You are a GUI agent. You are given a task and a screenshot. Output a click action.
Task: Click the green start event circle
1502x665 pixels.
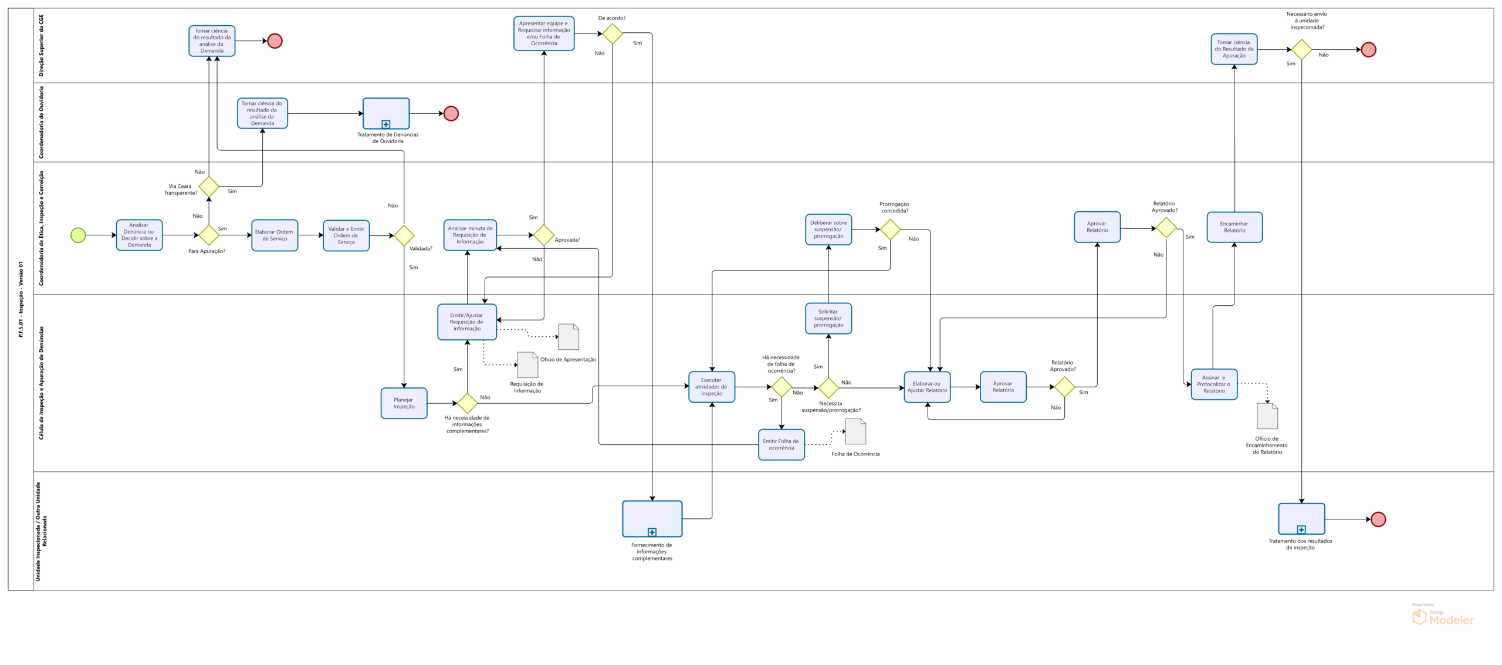coord(78,235)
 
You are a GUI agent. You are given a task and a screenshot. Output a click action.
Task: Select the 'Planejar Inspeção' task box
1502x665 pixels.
coord(404,403)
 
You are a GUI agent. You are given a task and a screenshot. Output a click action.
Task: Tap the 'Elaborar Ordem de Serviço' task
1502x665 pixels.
coord(275,235)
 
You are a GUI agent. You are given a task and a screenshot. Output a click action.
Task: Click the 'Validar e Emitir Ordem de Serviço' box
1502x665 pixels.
coord(346,235)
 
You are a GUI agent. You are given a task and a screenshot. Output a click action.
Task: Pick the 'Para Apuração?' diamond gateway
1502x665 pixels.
coord(209,235)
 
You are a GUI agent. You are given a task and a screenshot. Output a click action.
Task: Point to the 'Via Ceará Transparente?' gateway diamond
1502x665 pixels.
coord(209,187)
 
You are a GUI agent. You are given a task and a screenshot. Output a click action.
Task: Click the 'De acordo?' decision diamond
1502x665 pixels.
coord(613,33)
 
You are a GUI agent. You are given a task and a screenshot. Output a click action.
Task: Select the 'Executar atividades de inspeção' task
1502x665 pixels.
coord(712,387)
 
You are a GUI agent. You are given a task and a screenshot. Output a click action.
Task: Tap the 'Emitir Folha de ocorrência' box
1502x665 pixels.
coord(782,445)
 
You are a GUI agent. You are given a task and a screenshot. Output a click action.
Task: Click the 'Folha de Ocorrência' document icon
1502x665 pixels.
coord(855,431)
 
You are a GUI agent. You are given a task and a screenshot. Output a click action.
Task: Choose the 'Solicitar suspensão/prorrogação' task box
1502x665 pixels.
coord(828,319)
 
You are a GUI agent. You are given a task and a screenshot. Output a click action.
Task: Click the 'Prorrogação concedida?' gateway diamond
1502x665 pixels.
coord(890,229)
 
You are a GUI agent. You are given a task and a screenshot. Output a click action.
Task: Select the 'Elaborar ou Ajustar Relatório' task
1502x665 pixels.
coord(927,387)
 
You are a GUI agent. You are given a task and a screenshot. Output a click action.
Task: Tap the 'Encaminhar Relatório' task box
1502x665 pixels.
coord(1234,227)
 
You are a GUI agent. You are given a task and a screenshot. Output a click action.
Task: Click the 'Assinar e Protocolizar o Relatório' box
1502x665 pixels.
coord(1214,384)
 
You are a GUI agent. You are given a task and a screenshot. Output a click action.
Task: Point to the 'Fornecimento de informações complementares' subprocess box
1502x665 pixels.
coord(652,518)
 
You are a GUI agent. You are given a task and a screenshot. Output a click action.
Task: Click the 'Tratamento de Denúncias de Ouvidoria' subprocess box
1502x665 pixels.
coord(386,113)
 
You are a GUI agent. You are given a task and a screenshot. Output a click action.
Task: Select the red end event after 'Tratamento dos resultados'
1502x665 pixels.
coord(1378,519)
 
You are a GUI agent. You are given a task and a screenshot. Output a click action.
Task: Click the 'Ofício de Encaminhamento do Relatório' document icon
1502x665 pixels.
coord(1267,416)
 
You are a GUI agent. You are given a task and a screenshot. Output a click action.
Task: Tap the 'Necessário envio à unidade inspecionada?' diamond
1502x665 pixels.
coord(1301,50)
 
